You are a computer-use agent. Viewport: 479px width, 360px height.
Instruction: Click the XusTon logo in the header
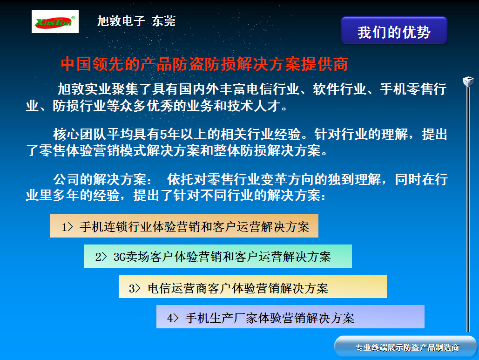[x=55, y=22]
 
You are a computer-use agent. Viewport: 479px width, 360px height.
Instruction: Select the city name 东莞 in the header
[x=164, y=21]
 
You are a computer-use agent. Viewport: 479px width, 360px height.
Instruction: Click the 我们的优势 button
[x=394, y=31]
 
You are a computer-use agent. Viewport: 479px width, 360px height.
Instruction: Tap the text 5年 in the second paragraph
[x=167, y=135]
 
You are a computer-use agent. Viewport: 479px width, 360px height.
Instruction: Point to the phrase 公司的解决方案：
[x=103, y=180]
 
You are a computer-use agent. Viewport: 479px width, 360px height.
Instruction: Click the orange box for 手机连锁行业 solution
[x=184, y=226]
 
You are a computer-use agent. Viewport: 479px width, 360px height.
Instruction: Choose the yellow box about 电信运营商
[x=252, y=287]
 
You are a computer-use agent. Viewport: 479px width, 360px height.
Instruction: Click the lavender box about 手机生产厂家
[x=290, y=317]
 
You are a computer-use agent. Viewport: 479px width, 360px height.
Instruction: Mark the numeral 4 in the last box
[x=170, y=318]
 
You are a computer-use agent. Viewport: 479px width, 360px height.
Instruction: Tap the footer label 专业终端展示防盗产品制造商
[x=407, y=347]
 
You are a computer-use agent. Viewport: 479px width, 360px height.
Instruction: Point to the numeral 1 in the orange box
[x=65, y=227]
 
